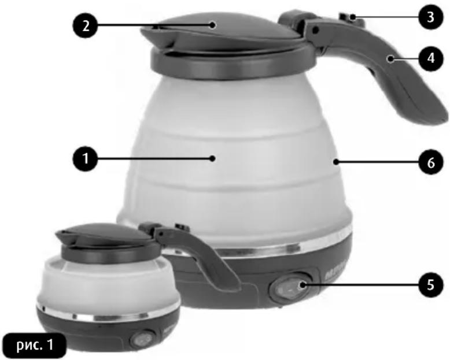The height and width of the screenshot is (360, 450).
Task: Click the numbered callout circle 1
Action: [x=86, y=158]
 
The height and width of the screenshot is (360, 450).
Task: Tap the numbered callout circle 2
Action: [x=86, y=25]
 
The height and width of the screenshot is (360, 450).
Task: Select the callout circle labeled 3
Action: [x=431, y=17]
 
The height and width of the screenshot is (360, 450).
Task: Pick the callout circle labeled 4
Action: [x=431, y=58]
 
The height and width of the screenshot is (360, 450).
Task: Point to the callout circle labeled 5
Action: [x=431, y=284]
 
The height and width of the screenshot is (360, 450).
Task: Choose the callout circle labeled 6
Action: [x=431, y=162]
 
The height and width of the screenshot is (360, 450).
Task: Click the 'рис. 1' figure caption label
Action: [x=35, y=345]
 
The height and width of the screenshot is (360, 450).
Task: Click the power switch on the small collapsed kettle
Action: [x=141, y=339]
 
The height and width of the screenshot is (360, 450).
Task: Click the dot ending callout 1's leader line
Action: [x=212, y=158]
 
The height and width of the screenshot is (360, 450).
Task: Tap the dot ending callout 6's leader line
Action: [x=336, y=162]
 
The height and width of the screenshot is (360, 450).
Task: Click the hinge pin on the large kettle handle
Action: [x=316, y=29]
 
